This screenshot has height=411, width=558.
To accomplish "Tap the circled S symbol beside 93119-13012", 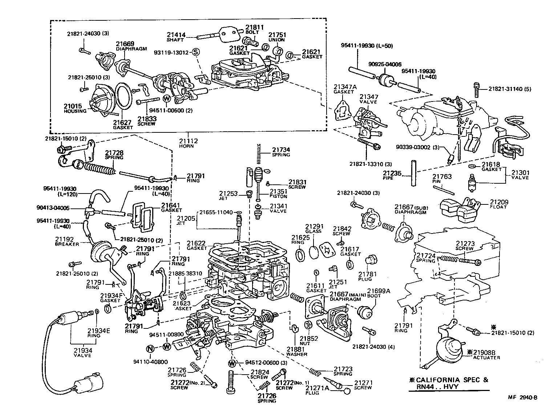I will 195,52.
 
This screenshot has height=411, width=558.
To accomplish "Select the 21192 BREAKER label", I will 67,241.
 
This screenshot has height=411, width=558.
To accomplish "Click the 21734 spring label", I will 281,152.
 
